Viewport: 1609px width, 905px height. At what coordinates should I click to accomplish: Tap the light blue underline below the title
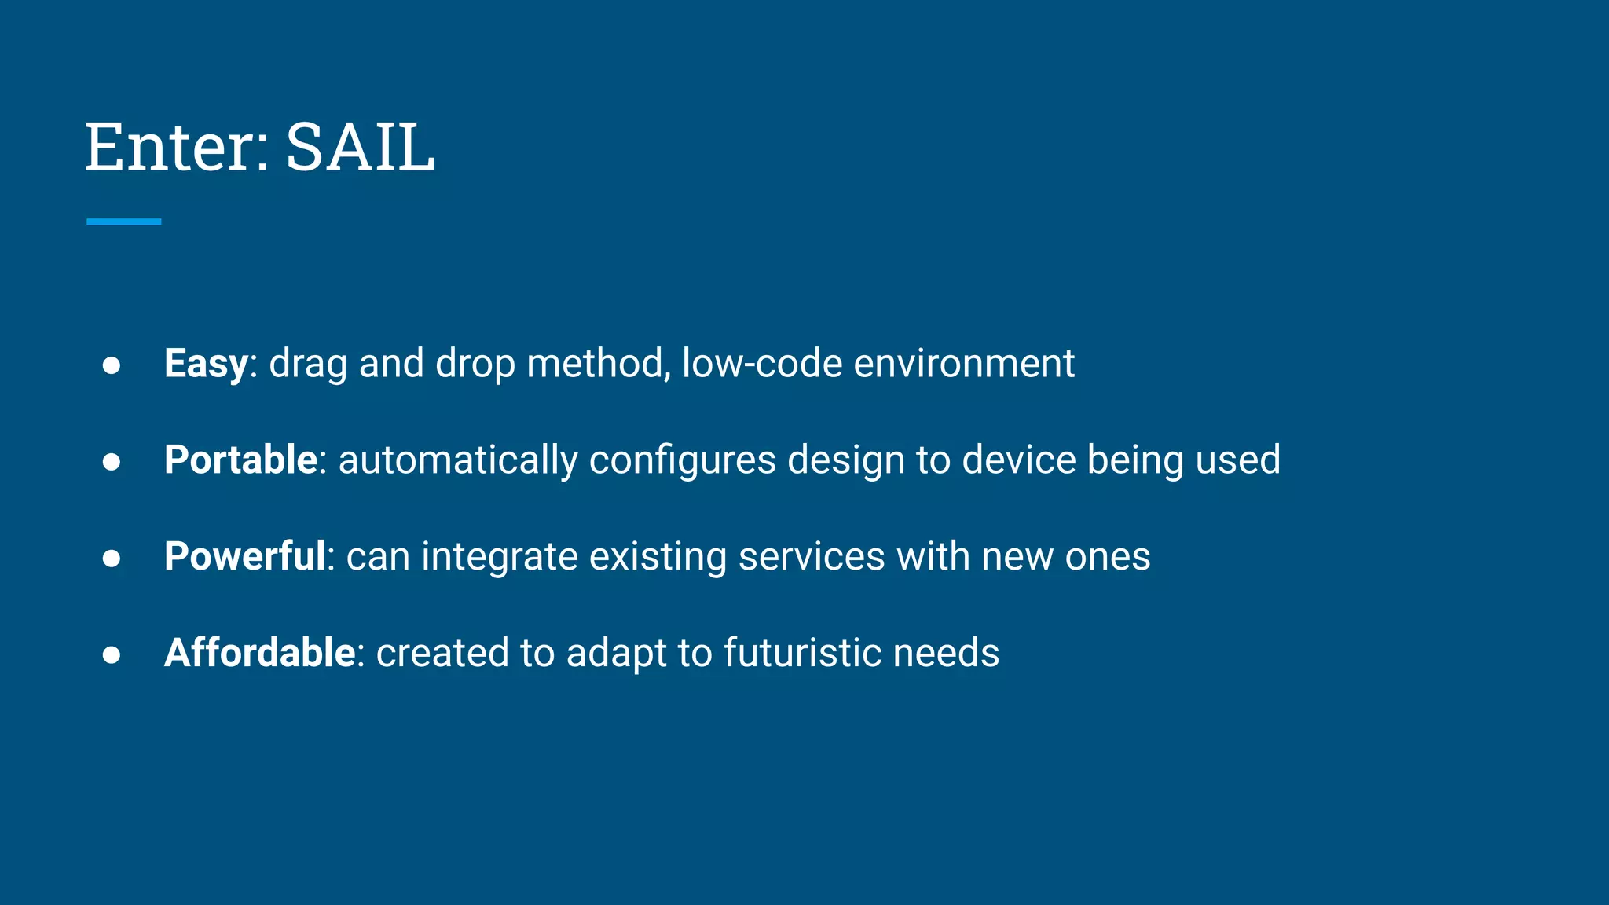(123, 222)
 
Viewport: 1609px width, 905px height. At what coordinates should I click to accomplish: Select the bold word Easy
(206, 364)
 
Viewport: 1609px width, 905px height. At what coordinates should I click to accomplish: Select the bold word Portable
(240, 460)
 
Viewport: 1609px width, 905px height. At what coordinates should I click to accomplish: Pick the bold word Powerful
(244, 557)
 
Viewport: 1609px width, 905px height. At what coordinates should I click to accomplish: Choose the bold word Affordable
(259, 653)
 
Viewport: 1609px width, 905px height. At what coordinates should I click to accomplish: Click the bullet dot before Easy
(112, 365)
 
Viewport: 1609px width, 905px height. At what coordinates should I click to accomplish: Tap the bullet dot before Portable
(112, 462)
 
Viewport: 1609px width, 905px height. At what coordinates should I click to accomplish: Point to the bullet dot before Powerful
(112, 559)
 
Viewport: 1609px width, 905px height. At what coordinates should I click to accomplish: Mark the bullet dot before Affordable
(112, 654)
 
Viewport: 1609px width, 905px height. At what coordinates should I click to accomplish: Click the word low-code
(761, 364)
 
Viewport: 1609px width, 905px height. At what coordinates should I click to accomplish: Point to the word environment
(963, 364)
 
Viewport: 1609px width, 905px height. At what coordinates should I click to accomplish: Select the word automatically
(457, 460)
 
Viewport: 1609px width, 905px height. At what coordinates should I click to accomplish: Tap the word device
(1018, 460)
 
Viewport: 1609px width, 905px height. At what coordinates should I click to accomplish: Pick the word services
(812, 557)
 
